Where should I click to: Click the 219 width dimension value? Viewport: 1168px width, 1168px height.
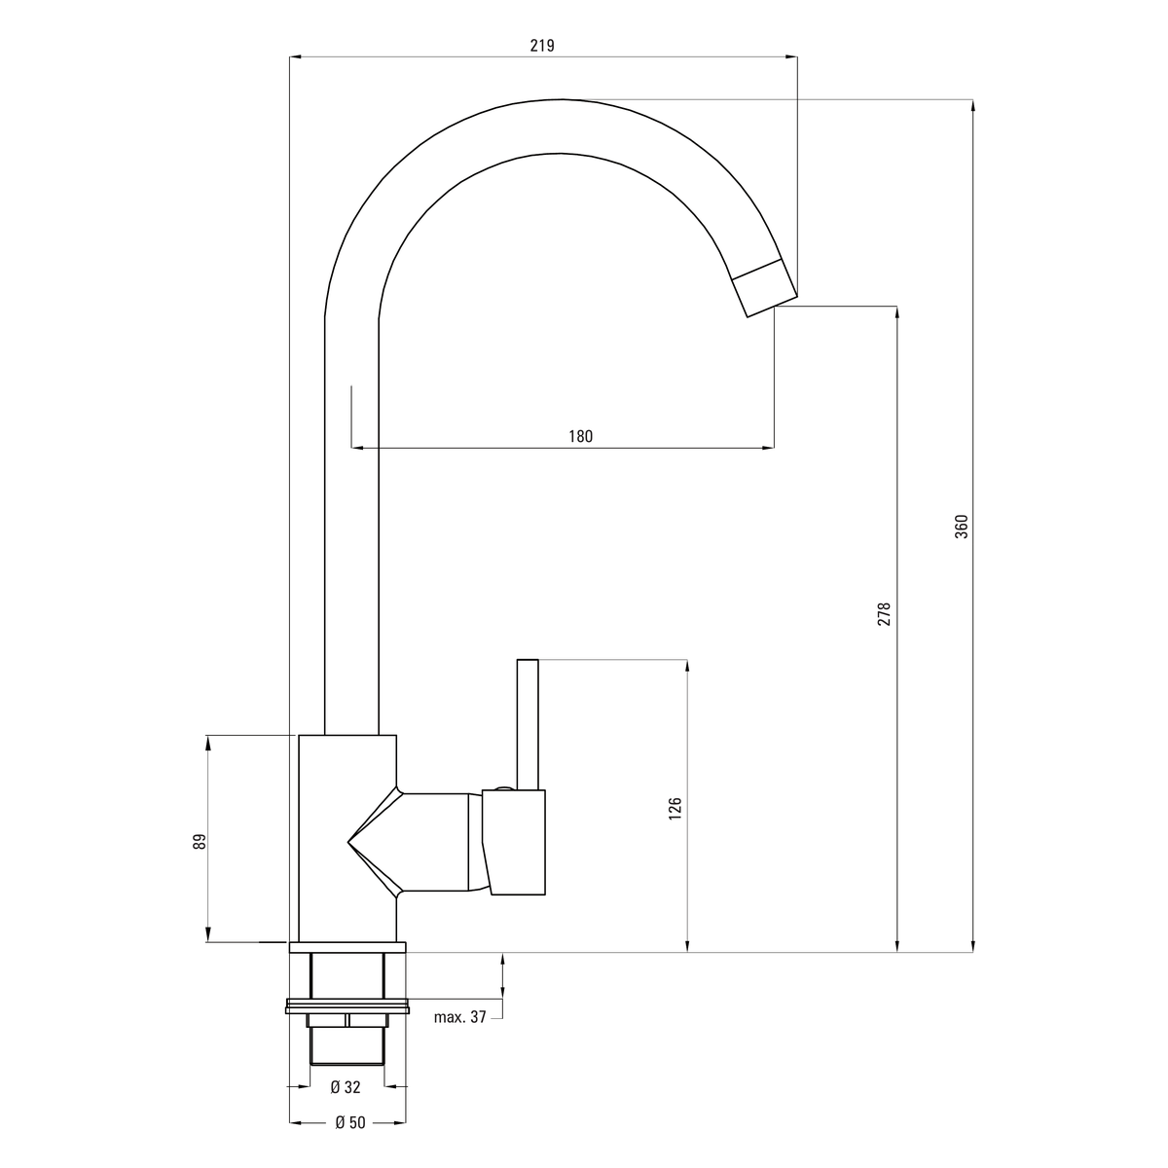click(542, 46)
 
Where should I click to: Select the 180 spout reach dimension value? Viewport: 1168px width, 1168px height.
click(580, 436)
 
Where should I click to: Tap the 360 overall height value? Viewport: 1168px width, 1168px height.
click(962, 527)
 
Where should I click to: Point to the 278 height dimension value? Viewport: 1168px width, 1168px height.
click(885, 614)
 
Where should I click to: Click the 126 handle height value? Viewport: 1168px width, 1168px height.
click(675, 809)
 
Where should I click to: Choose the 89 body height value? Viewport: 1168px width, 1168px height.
click(200, 841)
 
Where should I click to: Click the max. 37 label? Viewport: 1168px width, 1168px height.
click(460, 1017)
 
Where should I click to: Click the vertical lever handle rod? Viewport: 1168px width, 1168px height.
click(528, 725)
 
